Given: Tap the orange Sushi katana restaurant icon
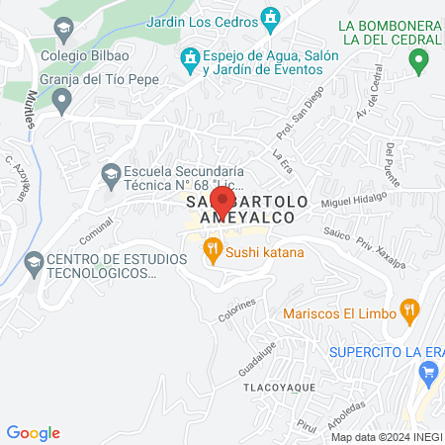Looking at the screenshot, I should [210, 251].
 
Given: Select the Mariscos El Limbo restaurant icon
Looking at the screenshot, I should [409, 313].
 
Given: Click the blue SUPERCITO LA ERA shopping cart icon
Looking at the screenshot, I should [428, 373].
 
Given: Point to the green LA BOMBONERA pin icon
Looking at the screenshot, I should [419, 62].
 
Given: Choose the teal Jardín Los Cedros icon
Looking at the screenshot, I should [271, 18].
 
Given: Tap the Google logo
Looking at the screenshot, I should [33, 433].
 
